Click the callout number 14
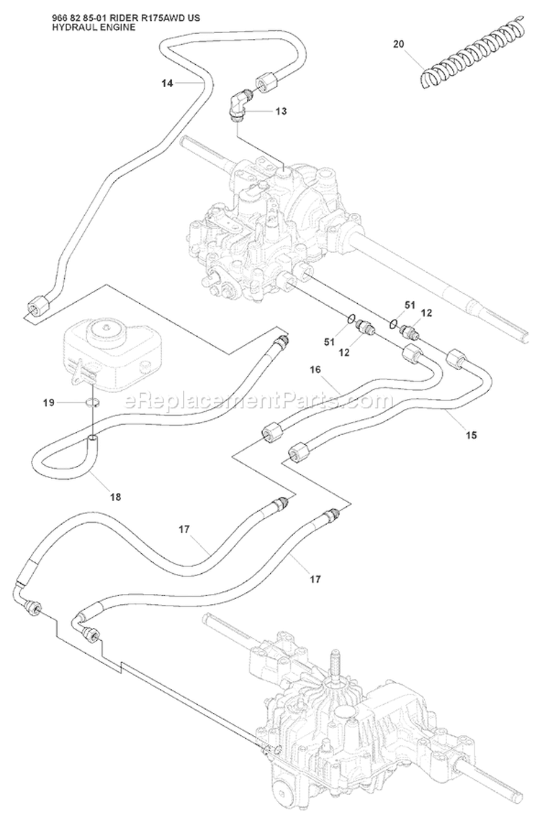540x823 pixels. click(167, 83)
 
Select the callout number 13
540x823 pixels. click(281, 112)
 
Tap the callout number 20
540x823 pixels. click(398, 44)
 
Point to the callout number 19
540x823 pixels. click(49, 403)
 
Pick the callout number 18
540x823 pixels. click(115, 497)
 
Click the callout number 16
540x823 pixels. click(315, 370)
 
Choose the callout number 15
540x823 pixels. click(472, 435)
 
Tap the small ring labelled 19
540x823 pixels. click(94, 403)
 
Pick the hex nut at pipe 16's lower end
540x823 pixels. click(273, 433)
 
